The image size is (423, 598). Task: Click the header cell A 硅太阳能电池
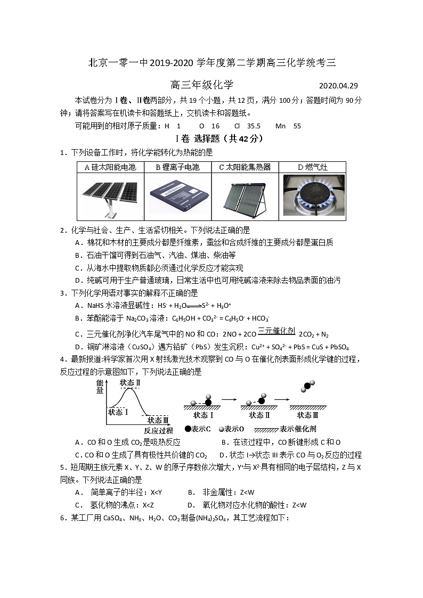coord(110,167)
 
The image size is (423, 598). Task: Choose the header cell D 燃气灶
coord(313,167)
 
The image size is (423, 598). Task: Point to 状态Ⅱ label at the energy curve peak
coord(130,382)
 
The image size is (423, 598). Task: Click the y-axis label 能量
coord(100,387)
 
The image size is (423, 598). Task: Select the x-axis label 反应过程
coord(158,430)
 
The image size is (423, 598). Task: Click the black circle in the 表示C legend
coord(188,429)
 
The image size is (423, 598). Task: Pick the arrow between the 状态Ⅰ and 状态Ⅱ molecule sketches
coord(229,398)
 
